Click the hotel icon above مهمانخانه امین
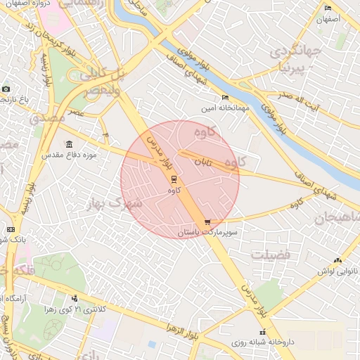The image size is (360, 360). pyautogui.click(x=225, y=97)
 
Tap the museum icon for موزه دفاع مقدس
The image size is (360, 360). pyautogui.click(x=69, y=145)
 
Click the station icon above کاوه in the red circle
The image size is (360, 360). pyautogui.click(x=174, y=179)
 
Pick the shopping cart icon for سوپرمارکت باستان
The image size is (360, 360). pyautogui.click(x=207, y=222)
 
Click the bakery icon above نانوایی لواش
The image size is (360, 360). pyautogui.click(x=337, y=261)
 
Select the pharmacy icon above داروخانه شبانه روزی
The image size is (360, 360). pyautogui.click(x=262, y=333)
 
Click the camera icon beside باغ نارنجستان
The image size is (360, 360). pyautogui.click(x=6, y=89)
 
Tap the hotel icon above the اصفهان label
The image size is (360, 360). pyautogui.click(x=328, y=8)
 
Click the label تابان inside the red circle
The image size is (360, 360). pyautogui.click(x=202, y=161)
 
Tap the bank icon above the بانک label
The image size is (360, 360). pyautogui.click(x=11, y=229)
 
